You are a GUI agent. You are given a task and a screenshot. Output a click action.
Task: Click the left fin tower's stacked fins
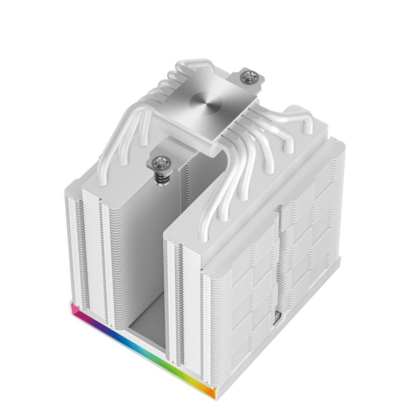click(94, 244)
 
